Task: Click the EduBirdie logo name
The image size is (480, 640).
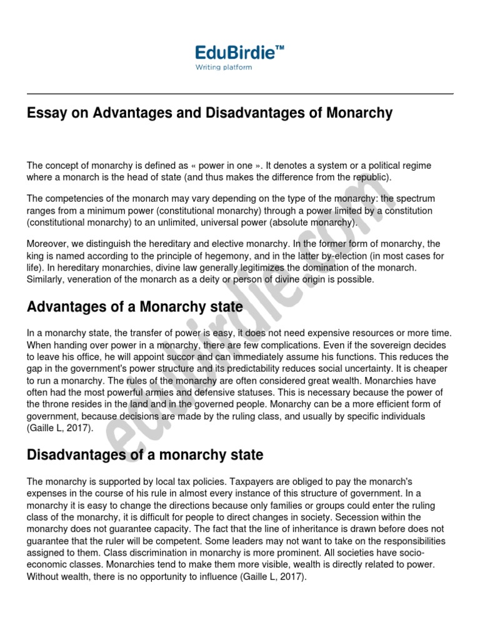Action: (235, 52)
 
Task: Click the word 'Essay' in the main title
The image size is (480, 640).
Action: (45, 113)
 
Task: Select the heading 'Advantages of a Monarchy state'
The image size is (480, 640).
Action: (135, 307)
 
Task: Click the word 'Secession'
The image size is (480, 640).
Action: (361, 517)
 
